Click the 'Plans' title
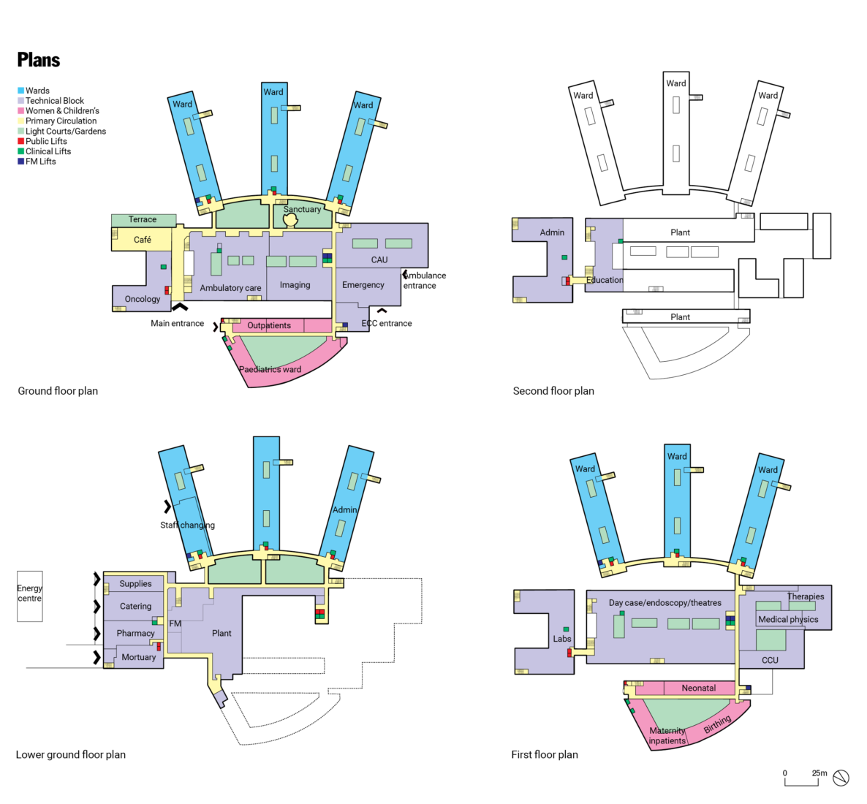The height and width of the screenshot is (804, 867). coord(39,60)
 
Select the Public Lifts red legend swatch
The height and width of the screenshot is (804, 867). coord(21,141)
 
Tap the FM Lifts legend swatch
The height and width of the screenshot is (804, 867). coord(21,162)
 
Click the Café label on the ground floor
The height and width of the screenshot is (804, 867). coord(143,240)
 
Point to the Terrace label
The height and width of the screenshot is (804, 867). coord(143,219)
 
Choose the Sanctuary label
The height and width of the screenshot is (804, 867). coord(302,209)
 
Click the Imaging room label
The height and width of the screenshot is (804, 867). coord(295,285)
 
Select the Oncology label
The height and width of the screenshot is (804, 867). coord(143,299)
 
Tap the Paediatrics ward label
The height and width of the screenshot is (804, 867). coord(270,369)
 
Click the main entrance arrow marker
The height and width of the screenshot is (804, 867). coord(179,308)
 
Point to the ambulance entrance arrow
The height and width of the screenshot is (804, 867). coord(406,275)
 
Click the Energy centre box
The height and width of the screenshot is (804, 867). coord(30,596)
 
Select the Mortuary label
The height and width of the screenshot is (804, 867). coord(139,657)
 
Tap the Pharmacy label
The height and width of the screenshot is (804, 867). coord(135,633)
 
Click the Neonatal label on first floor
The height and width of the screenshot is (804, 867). coord(698,688)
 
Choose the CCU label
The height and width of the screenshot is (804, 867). coord(770,660)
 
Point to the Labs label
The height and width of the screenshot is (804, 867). coord(561,639)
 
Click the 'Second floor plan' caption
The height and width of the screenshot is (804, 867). coord(553,391)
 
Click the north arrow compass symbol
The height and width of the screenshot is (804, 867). coord(841,778)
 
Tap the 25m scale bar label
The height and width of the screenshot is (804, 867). coord(819,773)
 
